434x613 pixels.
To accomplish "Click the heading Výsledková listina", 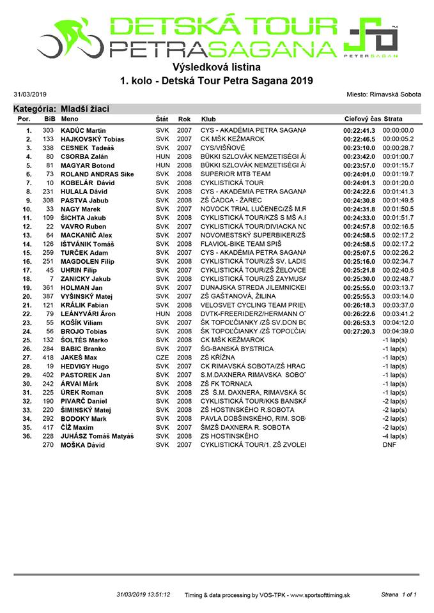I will click(217, 67).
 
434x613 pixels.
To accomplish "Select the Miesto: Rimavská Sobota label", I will click(382, 94).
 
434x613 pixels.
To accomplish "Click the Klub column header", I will click(208, 119).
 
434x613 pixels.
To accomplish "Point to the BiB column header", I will click(49, 119).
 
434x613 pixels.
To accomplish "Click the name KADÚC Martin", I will click(83, 130).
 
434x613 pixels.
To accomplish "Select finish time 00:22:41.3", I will click(359, 130).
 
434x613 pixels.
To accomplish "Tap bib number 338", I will click(47, 148).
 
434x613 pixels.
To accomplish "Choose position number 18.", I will click(27, 278).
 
